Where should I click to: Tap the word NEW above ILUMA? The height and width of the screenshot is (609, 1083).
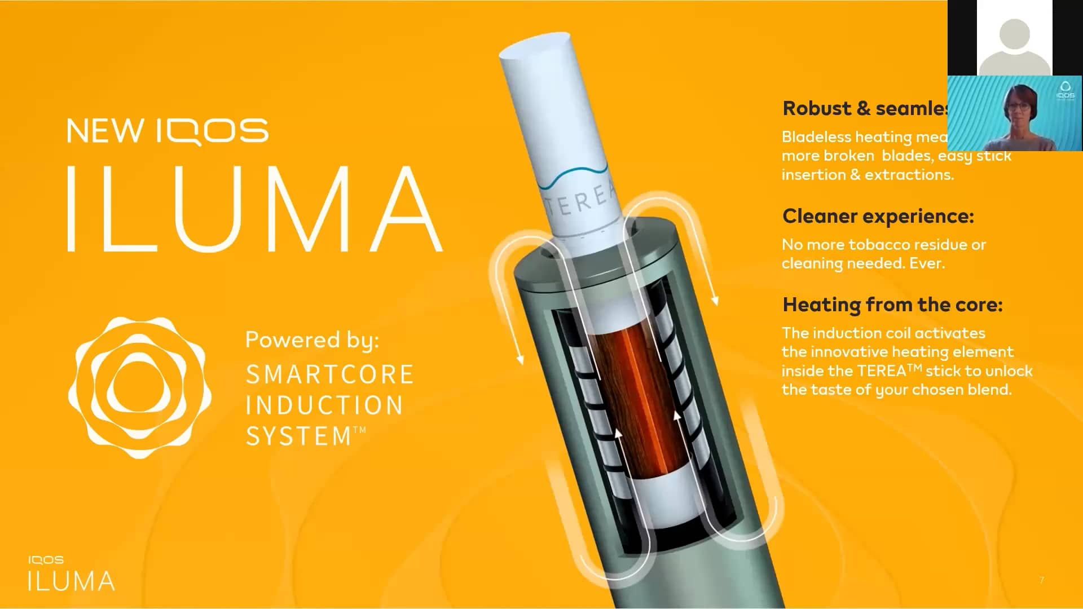tap(105, 131)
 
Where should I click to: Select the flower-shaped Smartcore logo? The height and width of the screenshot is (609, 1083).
tap(139, 387)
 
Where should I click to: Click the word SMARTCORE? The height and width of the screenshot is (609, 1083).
tap(330, 375)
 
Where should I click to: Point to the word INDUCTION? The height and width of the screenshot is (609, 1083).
tap(324, 405)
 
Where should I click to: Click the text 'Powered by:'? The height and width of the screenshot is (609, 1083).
tap(312, 340)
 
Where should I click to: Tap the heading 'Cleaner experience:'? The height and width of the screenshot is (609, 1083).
tap(878, 217)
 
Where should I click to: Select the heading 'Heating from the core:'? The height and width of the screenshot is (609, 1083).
tap(892, 305)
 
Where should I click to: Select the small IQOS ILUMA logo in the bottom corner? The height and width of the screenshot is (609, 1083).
tap(71, 573)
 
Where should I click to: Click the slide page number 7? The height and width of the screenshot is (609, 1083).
tap(1041, 580)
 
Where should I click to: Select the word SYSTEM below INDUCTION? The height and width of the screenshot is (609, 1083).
tap(299, 436)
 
